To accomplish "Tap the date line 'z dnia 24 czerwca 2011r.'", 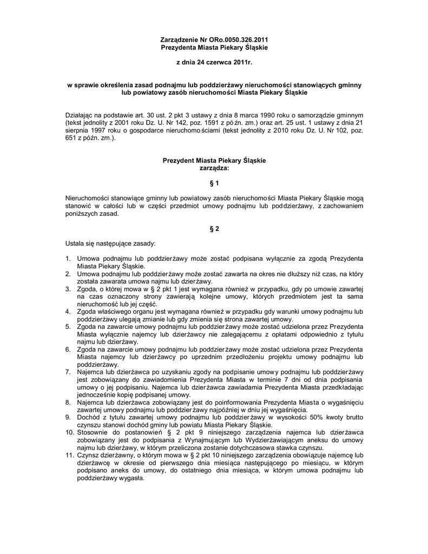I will coord(215,63).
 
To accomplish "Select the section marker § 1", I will coord(214,183).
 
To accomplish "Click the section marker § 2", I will coord(214,228).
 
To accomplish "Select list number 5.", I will coord(68,327).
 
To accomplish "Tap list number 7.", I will coord(68,372).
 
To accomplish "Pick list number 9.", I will coord(68,418).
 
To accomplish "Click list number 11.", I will coord(69,455).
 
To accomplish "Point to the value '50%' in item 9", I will coord(317,418).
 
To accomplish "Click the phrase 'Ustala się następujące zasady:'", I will coord(110,244).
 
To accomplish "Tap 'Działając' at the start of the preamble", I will coord(80,116).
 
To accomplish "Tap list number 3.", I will coord(68,289).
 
